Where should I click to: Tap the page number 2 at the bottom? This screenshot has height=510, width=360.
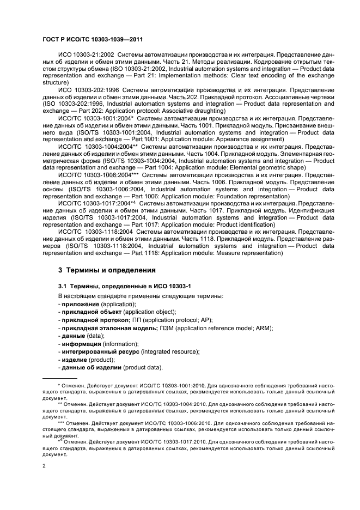click(44, 466)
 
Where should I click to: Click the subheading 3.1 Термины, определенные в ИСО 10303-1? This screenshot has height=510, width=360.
click(117, 286)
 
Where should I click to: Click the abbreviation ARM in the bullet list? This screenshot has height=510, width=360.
click(263, 328)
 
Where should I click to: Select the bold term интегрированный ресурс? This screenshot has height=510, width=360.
click(97, 352)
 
